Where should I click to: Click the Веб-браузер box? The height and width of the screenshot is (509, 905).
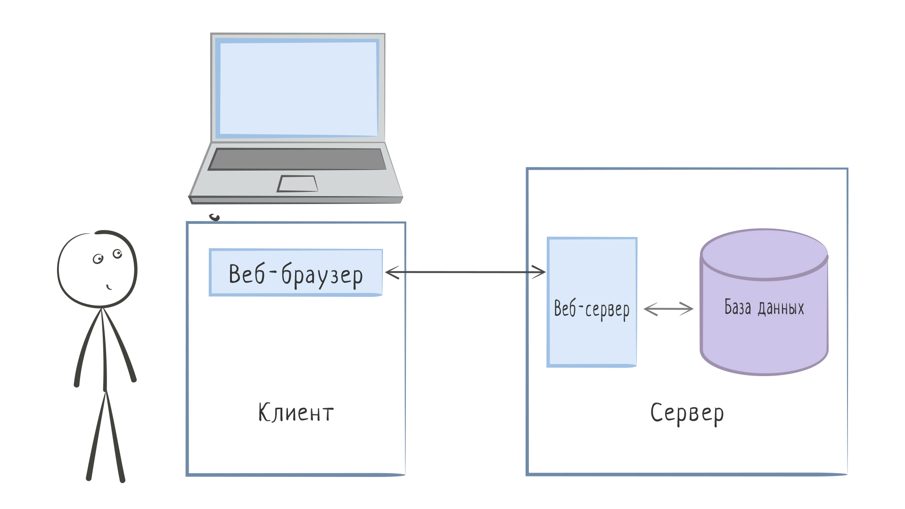(296, 272)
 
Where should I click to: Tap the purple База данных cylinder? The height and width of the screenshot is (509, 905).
(764, 339)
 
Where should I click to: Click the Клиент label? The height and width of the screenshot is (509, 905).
(296, 413)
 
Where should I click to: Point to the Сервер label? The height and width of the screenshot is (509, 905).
(687, 413)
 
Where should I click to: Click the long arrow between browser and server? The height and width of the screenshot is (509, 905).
(466, 272)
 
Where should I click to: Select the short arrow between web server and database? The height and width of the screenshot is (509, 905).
(668, 309)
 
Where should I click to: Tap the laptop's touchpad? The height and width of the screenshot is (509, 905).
(297, 183)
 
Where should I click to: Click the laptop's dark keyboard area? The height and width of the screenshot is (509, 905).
(297, 159)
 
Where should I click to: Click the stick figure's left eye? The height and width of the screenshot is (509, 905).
(98, 259)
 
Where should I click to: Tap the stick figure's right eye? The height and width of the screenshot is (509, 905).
(117, 254)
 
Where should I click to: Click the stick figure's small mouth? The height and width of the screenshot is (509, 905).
(109, 287)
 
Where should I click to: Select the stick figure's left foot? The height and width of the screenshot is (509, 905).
(89, 477)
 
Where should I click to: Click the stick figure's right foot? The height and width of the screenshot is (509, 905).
(122, 479)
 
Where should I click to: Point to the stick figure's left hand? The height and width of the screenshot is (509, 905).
(77, 384)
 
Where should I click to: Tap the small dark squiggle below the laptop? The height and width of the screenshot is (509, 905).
(215, 217)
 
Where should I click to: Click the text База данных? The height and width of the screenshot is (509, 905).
(764, 307)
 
